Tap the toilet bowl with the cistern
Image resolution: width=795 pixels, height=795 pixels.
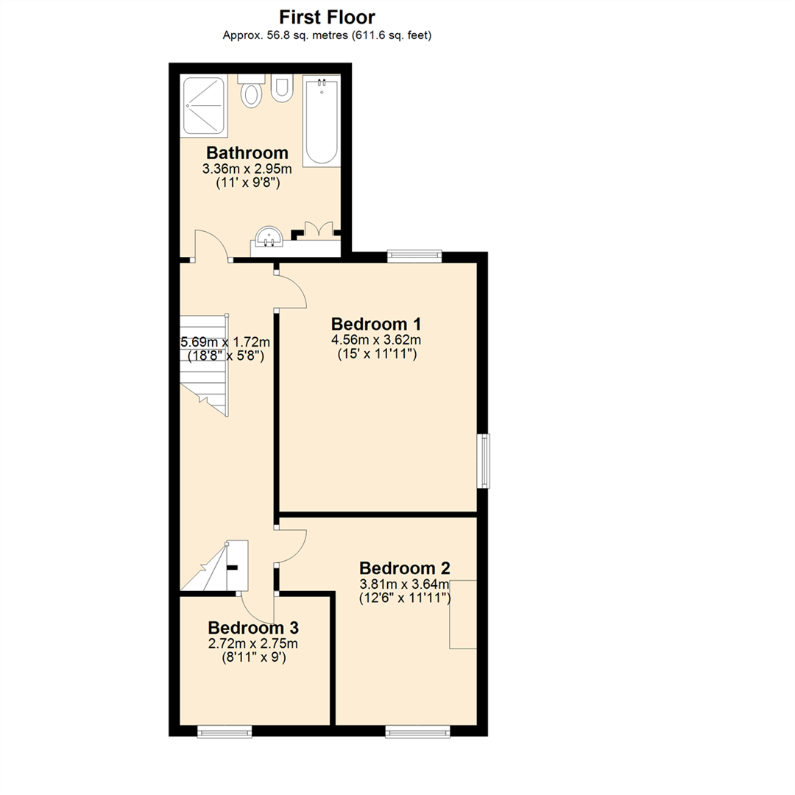252,93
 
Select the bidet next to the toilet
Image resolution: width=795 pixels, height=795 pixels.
281,89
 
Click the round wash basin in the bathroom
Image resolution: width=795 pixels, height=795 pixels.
269,237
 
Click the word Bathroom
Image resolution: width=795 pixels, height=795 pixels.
247,153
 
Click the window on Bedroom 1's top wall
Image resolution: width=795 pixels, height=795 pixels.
414,256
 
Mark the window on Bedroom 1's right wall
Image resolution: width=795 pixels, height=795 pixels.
484,461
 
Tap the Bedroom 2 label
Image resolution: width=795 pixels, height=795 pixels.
404,568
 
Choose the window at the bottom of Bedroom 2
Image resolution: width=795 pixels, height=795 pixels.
417,731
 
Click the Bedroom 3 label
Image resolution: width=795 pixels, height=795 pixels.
253,628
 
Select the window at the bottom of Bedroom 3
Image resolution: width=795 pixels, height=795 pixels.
225,731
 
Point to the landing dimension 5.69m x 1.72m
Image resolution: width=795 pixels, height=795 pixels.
225,342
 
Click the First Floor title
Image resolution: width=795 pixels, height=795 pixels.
327,17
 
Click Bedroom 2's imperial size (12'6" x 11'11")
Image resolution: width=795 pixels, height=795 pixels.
404,598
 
